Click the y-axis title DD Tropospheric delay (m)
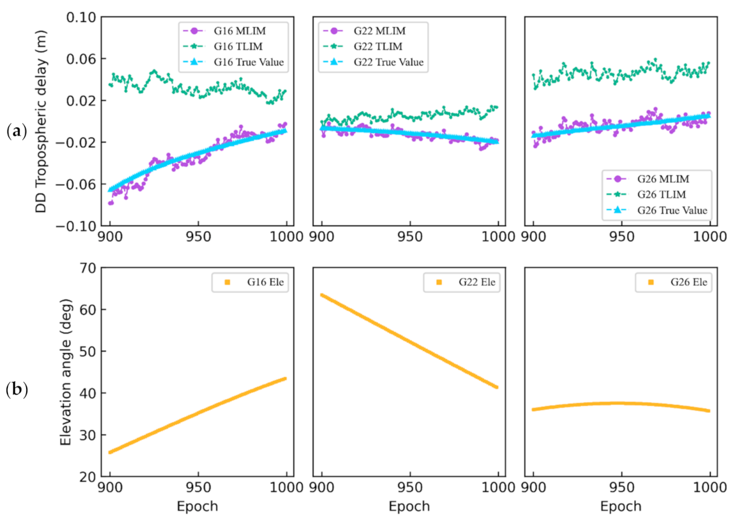click(41, 122)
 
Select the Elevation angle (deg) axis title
click(65, 372)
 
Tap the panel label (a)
click(16, 131)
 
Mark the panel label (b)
click(16, 389)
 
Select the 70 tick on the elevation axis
click(87, 268)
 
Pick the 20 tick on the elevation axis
click(87, 477)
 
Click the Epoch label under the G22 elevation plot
click(409, 507)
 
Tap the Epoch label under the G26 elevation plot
click(620, 507)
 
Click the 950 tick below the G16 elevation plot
click(198, 487)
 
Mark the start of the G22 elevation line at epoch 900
click(322, 295)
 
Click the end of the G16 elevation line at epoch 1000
click(285, 379)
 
